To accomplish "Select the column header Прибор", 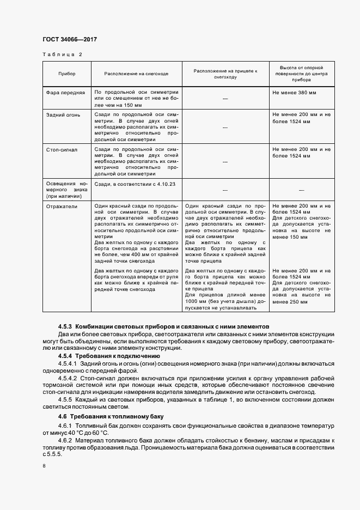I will [x=66, y=73].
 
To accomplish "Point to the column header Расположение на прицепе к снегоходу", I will [x=225, y=74].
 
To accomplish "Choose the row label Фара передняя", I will [x=65, y=93].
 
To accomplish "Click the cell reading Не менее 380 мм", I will [x=294, y=93].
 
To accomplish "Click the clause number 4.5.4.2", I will [x=68, y=378].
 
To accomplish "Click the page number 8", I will [x=44, y=466].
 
